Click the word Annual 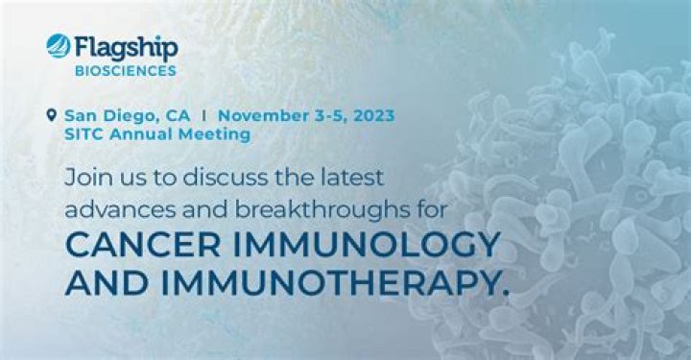coord(144,134)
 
